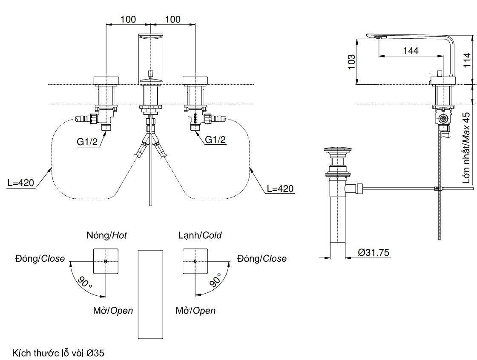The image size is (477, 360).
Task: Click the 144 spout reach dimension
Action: pos(411,51)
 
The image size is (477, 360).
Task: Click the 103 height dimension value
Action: pos(352,62)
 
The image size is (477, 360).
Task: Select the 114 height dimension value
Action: pos(467,60)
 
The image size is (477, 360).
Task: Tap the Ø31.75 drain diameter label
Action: pos(374,252)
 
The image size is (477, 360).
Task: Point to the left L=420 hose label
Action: pos(20,183)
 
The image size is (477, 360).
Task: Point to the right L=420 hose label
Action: pos(280,188)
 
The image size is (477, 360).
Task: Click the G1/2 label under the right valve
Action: pos(216,139)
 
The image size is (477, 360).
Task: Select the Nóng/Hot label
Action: pos(106,235)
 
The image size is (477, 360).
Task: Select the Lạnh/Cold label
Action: pos(200,235)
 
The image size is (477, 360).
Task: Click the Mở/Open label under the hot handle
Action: pos(113,311)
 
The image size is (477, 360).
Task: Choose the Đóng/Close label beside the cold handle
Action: pos(262,259)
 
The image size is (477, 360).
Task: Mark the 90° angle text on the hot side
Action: pos(85,282)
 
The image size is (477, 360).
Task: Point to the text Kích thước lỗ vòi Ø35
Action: pos(58,353)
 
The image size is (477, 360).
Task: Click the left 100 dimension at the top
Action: pos(128,19)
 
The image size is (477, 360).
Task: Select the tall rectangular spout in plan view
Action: pos(150,294)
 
